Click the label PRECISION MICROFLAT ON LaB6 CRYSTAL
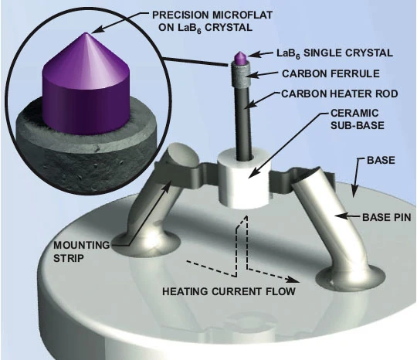pos(212,22)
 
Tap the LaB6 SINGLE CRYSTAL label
pos(334,53)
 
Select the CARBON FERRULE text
pos(331,73)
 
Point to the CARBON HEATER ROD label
pos(340,93)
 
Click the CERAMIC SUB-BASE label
pos(358,119)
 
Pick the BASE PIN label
pos(386,217)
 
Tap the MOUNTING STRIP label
pos(81,251)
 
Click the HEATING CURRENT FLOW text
pos(229,291)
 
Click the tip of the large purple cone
pos(86,32)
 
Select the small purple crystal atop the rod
pos(240,58)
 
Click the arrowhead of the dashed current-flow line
pos(294,280)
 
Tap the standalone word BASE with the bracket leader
pos(381,160)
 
